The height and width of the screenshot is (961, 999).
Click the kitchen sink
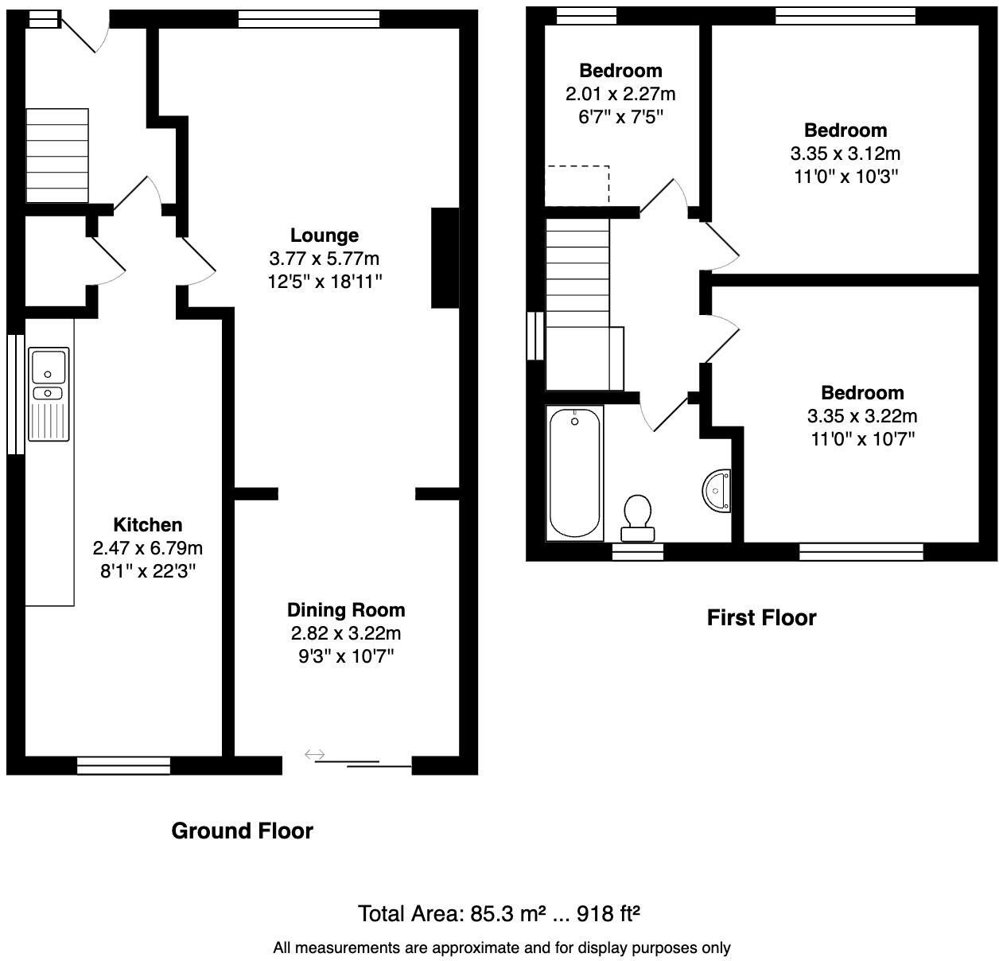(x=49, y=394)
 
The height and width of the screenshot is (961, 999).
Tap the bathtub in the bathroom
(x=574, y=473)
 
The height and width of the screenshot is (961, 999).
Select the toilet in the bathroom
(x=637, y=518)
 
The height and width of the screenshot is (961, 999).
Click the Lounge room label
(x=324, y=235)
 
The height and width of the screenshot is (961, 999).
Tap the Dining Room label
(x=346, y=610)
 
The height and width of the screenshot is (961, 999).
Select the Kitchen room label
(x=148, y=525)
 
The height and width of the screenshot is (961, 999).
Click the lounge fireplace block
(x=445, y=257)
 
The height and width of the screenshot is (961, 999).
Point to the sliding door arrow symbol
(x=315, y=754)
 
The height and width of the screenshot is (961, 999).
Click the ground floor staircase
(x=56, y=156)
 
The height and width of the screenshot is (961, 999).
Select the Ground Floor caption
(x=243, y=831)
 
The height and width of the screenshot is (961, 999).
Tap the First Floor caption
(x=761, y=618)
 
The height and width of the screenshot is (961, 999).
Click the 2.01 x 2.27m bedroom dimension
(x=620, y=94)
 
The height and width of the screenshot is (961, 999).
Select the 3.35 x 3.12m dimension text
(x=845, y=153)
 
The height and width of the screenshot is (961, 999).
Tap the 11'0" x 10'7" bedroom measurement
(x=862, y=438)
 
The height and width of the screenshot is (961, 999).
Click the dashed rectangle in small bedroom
(x=577, y=185)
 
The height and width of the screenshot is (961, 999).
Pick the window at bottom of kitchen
(x=124, y=765)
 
